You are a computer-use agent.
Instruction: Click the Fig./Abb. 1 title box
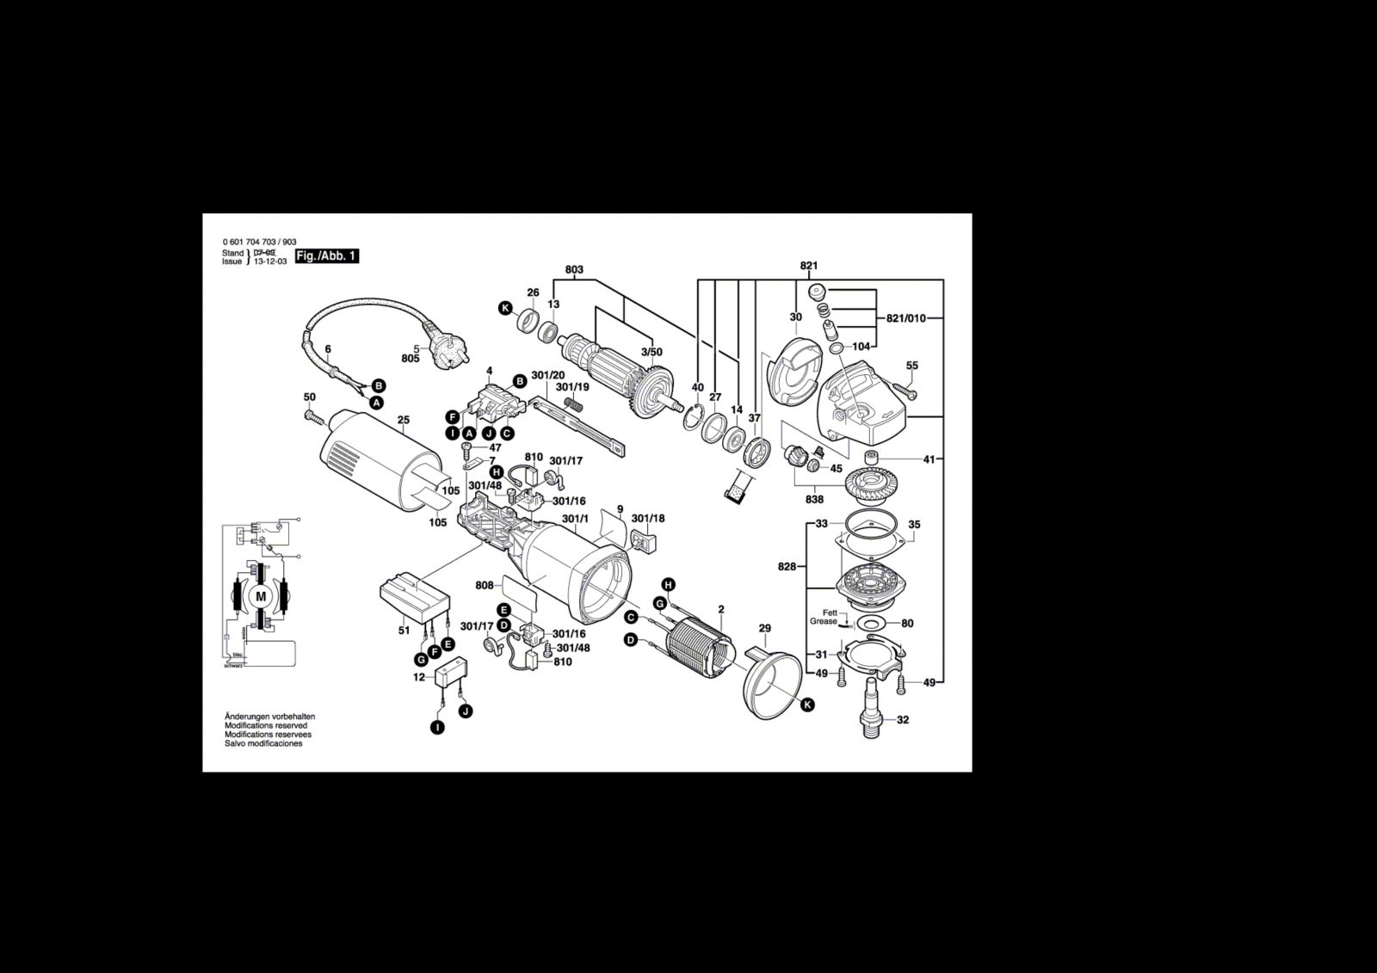point(326,256)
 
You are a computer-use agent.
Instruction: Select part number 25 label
point(404,420)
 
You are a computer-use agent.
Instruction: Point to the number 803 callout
point(574,270)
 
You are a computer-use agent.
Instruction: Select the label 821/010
point(905,318)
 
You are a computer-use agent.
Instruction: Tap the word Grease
point(823,621)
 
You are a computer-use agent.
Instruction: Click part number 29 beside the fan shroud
point(764,629)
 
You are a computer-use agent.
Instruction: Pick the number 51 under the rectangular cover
point(404,631)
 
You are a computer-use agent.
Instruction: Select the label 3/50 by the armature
point(651,353)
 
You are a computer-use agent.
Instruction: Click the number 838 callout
point(814,499)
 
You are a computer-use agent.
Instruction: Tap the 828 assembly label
point(786,567)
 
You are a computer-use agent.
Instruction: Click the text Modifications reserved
point(266,726)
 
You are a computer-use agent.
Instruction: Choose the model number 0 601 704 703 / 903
point(259,243)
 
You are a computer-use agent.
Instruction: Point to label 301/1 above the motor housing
point(575,519)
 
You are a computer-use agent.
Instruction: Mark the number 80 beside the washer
point(907,624)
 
